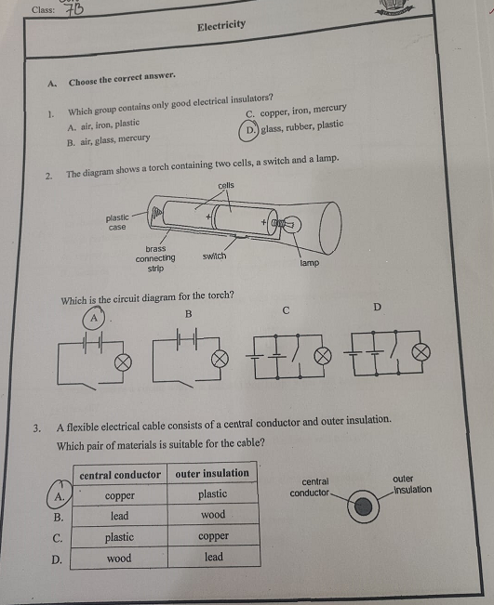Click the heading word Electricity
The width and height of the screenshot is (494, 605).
[221, 25]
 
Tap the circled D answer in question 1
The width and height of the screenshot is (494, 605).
[247, 131]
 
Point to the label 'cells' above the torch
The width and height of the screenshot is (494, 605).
[226, 186]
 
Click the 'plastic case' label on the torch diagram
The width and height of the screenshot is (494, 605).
[117, 223]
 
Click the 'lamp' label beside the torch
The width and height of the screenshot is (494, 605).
[309, 263]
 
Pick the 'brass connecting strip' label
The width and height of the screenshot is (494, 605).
[155, 258]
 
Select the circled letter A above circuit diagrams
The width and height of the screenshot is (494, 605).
[93, 319]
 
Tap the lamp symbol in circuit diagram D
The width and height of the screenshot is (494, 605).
[421, 352]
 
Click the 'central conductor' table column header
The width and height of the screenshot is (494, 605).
[120, 475]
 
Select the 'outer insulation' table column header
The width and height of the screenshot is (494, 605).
[212, 473]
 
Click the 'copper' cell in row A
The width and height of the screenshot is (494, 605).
[120, 495]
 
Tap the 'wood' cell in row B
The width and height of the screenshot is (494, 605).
[212, 515]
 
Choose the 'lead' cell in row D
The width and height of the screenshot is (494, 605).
[214, 557]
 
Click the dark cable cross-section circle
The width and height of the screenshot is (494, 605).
[364, 507]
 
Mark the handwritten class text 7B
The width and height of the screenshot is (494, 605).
[73, 9]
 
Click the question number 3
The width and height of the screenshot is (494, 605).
[36, 428]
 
